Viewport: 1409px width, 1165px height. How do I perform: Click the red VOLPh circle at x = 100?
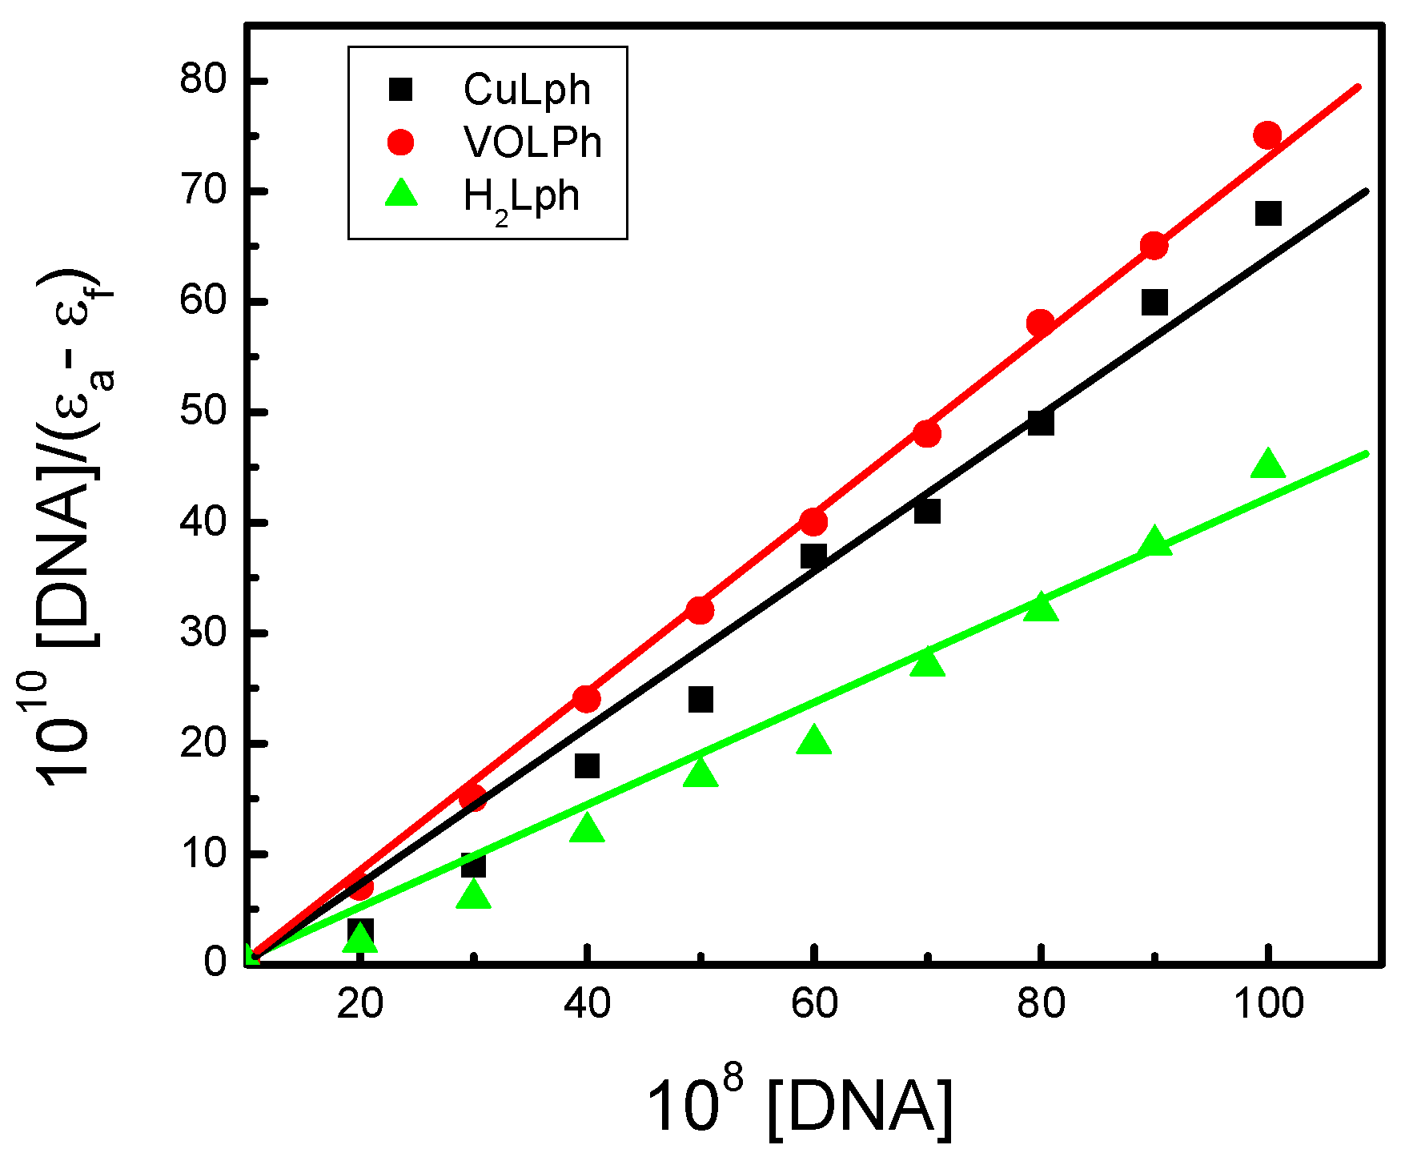pyautogui.click(x=1267, y=135)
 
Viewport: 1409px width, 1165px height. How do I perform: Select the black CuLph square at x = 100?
pyautogui.click(x=1268, y=214)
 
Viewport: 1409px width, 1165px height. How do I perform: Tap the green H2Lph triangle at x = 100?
pyautogui.click(x=1267, y=464)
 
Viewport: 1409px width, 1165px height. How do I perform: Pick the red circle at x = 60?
pyautogui.click(x=813, y=522)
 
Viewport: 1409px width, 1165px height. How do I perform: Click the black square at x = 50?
pyautogui.click(x=700, y=699)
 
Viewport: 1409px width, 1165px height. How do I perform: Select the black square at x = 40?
pyautogui.click(x=587, y=765)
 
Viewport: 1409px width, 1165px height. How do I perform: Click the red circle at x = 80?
pyautogui.click(x=1040, y=323)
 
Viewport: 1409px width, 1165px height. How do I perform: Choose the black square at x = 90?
pyautogui.click(x=1154, y=303)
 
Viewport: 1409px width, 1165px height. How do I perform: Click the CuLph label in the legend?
pyautogui.click(x=527, y=90)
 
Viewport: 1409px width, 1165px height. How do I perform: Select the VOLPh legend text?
pyautogui.click(x=532, y=143)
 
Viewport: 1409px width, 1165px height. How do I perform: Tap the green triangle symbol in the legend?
pyautogui.click(x=401, y=195)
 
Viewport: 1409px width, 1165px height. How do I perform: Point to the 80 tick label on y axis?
pyautogui.click(x=203, y=81)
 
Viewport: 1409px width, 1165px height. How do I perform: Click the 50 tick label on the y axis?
pyautogui.click(x=203, y=412)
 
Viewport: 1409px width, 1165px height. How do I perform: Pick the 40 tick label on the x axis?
pyautogui.click(x=587, y=1004)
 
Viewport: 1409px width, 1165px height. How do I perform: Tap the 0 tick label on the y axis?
pyautogui.click(x=215, y=962)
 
